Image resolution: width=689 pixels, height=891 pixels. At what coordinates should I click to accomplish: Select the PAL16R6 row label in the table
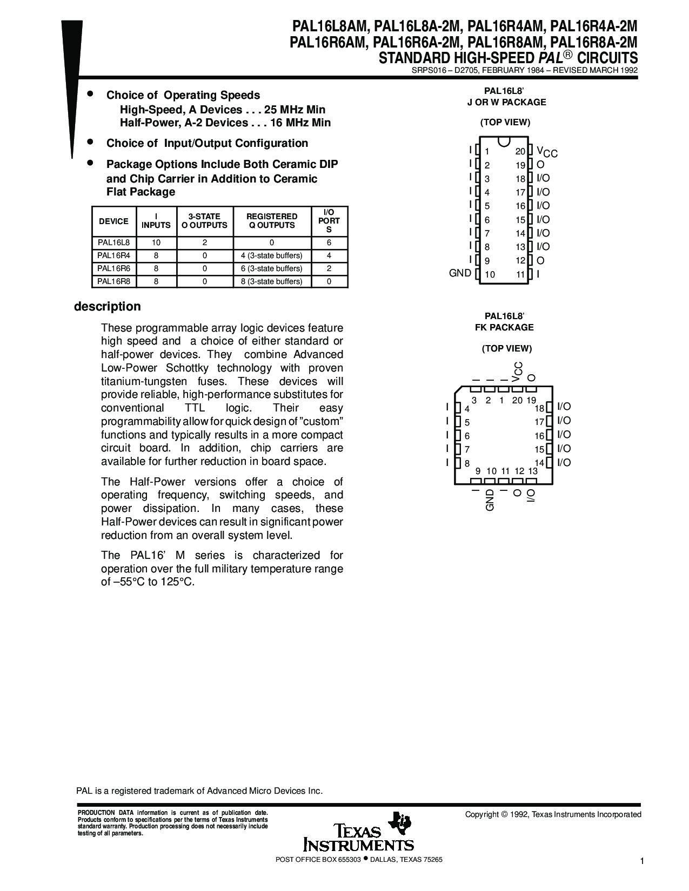113,268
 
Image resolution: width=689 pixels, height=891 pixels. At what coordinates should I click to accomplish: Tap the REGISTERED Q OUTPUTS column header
272,221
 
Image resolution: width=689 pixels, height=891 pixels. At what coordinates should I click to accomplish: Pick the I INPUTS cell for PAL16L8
156,243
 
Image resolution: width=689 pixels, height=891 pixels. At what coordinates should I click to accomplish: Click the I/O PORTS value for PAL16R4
329,255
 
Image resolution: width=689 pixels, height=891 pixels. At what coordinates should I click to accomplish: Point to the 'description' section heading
107,306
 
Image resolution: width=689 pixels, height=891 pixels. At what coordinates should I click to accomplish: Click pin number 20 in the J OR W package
520,152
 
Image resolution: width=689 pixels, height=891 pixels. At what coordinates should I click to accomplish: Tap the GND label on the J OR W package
460,273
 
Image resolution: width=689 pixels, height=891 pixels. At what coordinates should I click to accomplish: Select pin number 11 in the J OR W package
520,274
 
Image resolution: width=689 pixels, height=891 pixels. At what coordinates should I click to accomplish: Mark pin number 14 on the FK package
539,463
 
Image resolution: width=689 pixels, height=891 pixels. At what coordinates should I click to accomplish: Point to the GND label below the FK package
490,500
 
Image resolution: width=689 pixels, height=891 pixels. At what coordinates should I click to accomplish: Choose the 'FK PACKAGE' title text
504,327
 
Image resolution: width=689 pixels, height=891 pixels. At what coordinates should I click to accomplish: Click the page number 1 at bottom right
641,861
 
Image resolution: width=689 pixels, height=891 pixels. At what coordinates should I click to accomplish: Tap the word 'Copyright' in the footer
481,814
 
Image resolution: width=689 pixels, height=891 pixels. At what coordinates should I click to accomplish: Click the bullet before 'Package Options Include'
91,162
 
